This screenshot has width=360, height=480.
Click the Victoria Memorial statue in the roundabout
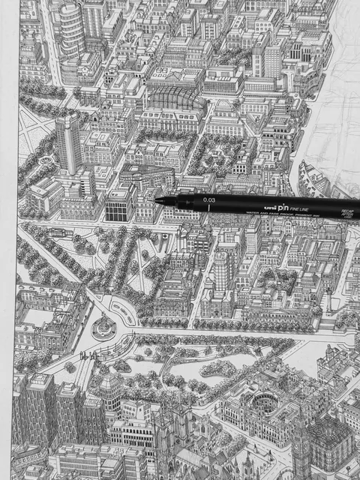[x=103, y=326]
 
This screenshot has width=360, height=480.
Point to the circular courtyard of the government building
[x=263, y=397]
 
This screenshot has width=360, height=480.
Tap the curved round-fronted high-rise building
[x=72, y=30]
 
